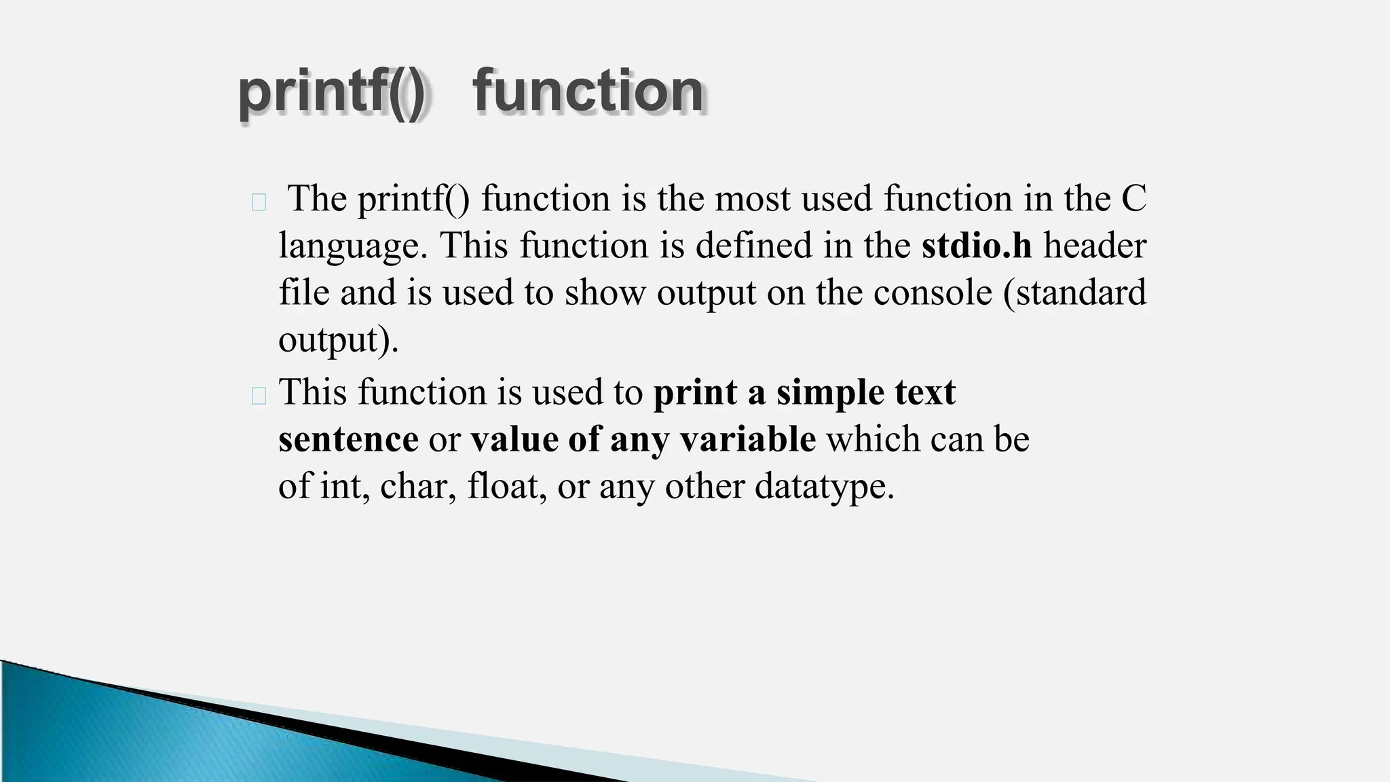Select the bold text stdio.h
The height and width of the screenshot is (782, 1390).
coord(976,246)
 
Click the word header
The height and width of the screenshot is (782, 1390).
coord(1095,246)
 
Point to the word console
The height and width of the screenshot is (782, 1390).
coord(933,293)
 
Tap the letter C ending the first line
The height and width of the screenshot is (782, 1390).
coord(1133,199)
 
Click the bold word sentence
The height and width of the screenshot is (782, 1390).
coord(348,440)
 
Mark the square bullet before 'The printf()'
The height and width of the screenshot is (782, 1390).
coord(258,202)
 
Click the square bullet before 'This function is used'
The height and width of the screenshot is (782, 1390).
coord(258,396)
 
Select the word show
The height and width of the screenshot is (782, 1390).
coord(604,293)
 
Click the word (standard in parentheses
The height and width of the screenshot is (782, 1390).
coord(1075,293)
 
